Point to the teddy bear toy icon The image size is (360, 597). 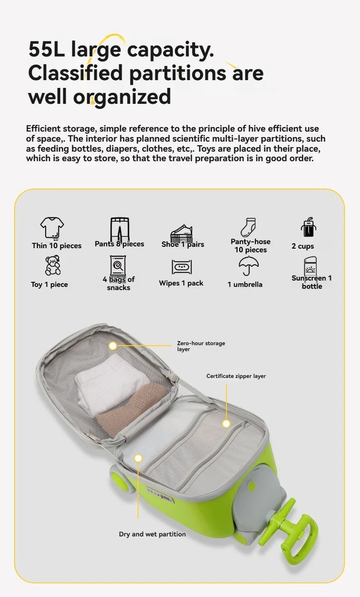pyautogui.click(x=52, y=265)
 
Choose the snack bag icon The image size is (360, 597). pyautogui.click(x=118, y=265)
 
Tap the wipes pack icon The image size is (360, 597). pyautogui.click(x=181, y=267)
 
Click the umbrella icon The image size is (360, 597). pyautogui.click(x=249, y=265)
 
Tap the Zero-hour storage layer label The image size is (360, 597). pyautogui.click(x=201, y=346)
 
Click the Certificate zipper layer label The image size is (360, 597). pyautogui.click(x=236, y=376)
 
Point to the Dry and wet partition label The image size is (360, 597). pyautogui.click(x=152, y=534)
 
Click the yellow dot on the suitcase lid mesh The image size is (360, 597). pyautogui.click(x=113, y=346)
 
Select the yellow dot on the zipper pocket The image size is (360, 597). pyautogui.click(x=226, y=424)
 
